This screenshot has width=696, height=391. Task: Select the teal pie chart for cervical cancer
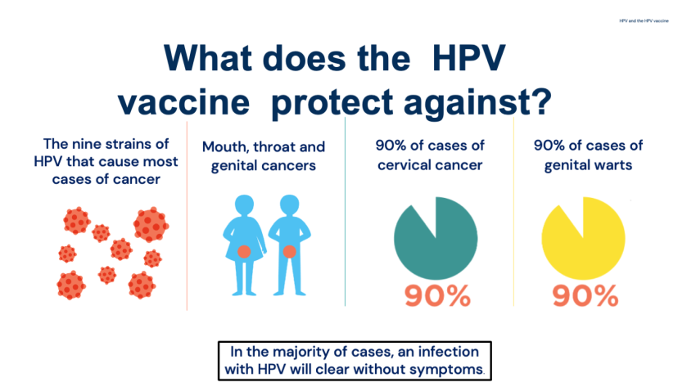click(x=436, y=238)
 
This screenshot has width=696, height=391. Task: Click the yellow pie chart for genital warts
click(x=583, y=238)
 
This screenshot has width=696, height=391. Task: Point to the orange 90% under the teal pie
click(x=437, y=296)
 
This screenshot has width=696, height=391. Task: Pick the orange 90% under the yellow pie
click(x=585, y=296)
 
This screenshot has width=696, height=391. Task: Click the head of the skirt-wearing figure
click(x=244, y=204)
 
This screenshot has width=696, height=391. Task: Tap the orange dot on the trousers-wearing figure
click(x=289, y=252)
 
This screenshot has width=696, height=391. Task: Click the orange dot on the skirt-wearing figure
click(x=244, y=252)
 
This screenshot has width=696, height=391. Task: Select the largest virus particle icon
click(x=151, y=224)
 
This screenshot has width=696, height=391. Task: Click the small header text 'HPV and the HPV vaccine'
click(x=644, y=20)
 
